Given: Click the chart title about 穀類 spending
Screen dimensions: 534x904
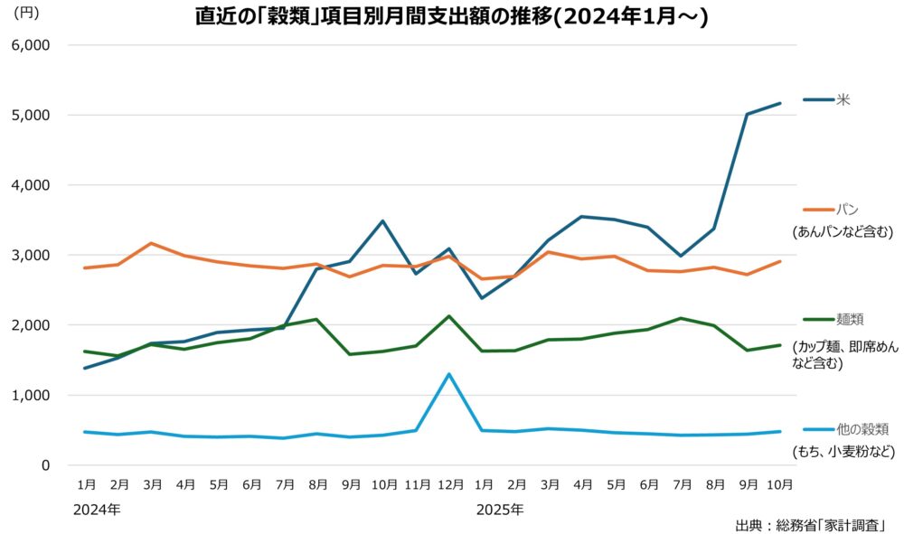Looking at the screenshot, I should click(x=452, y=16).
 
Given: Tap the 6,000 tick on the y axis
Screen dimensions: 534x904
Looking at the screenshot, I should click(x=31, y=45).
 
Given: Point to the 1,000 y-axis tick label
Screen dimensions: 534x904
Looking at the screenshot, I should click(x=31, y=395).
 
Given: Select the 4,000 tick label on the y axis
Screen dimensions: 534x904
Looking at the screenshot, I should click(x=31, y=185).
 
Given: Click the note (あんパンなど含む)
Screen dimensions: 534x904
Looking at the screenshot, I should click(x=843, y=231).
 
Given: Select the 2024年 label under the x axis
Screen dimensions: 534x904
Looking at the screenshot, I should click(x=96, y=510).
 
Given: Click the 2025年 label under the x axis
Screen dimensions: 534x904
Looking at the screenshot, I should click(x=500, y=510).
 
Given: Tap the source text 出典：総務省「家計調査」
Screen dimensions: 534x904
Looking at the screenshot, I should click(x=809, y=524).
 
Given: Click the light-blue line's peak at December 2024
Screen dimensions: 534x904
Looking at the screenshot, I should click(x=449, y=374).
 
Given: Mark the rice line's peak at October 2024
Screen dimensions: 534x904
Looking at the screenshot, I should click(x=382, y=220).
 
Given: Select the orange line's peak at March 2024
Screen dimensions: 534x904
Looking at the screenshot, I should click(x=150, y=243).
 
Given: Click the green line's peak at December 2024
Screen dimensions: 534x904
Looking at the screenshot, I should click(x=449, y=316).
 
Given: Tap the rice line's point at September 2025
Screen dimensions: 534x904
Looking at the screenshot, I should click(x=748, y=115).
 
